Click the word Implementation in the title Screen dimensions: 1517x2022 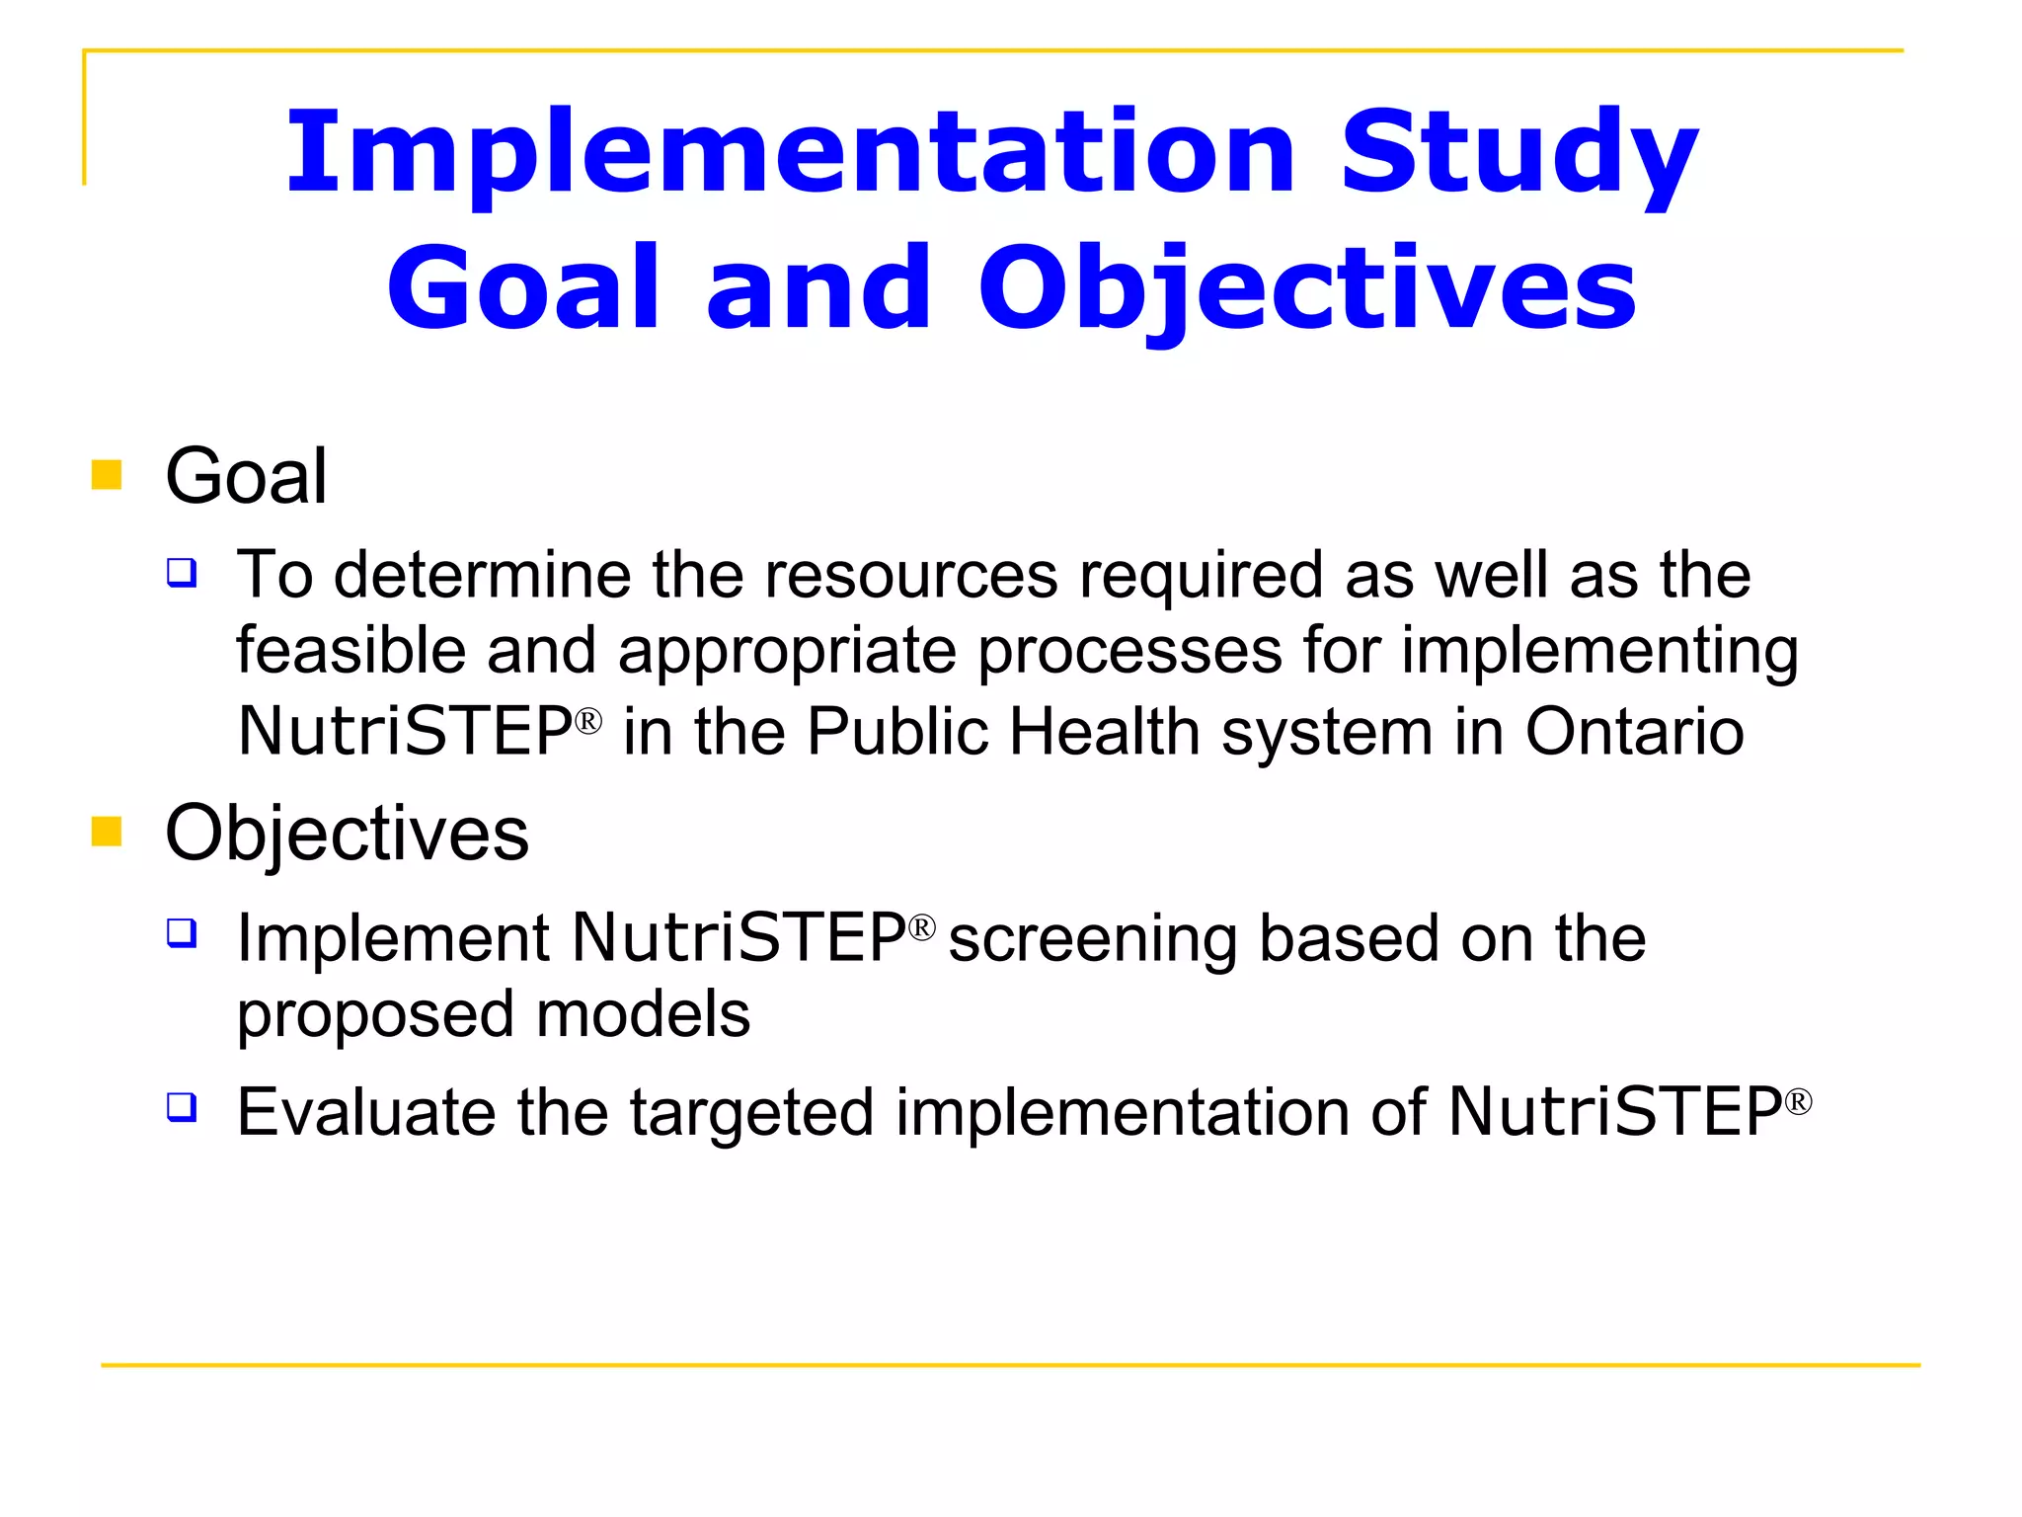790,153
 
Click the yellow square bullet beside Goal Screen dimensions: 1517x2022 107,475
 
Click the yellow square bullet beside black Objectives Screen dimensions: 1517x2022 107,832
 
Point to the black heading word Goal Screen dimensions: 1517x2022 246,477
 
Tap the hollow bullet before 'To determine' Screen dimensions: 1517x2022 182,572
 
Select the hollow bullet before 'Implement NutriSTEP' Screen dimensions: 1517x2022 182,932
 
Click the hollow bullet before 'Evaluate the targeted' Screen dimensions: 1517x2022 182,1106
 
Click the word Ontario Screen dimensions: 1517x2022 1634,732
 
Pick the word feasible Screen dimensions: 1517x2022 350,652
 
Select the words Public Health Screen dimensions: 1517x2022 1003,732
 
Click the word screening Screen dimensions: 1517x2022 1092,938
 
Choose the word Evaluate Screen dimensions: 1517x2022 366,1112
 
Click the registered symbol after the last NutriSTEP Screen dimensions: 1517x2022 1798,1101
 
